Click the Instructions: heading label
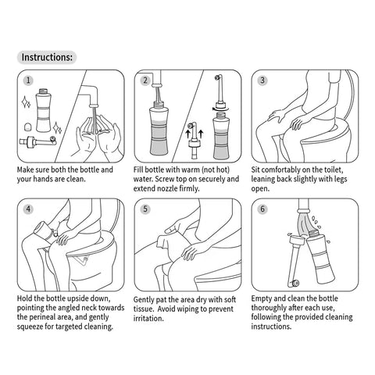coord(47,57)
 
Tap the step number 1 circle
coord(28,80)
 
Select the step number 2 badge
coord(145,80)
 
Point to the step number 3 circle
coord(262,80)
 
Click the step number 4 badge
coord(28,209)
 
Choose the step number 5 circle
coord(145,209)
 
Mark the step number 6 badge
coord(262,209)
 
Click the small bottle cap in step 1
coord(27,127)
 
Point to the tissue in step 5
coord(166,241)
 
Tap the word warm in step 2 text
coord(191,170)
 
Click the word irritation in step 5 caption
coord(148,319)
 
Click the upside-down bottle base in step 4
coord(41,229)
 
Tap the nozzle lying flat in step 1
coord(38,141)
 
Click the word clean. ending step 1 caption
coord(76,179)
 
